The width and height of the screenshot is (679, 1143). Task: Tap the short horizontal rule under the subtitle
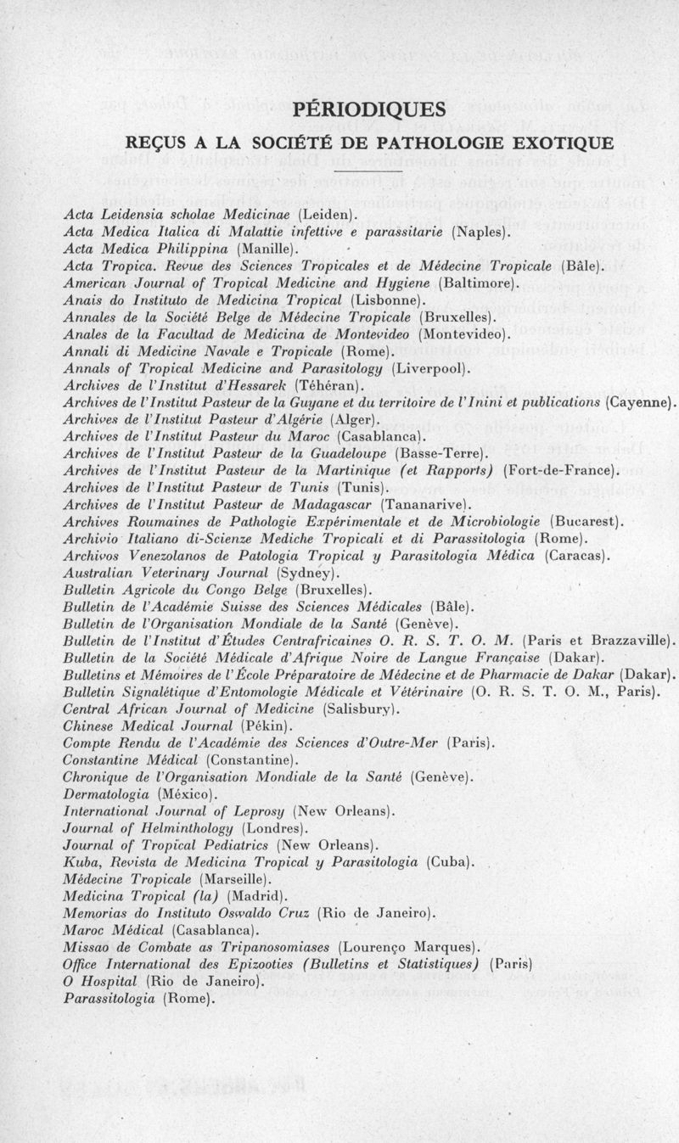click(x=368, y=171)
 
